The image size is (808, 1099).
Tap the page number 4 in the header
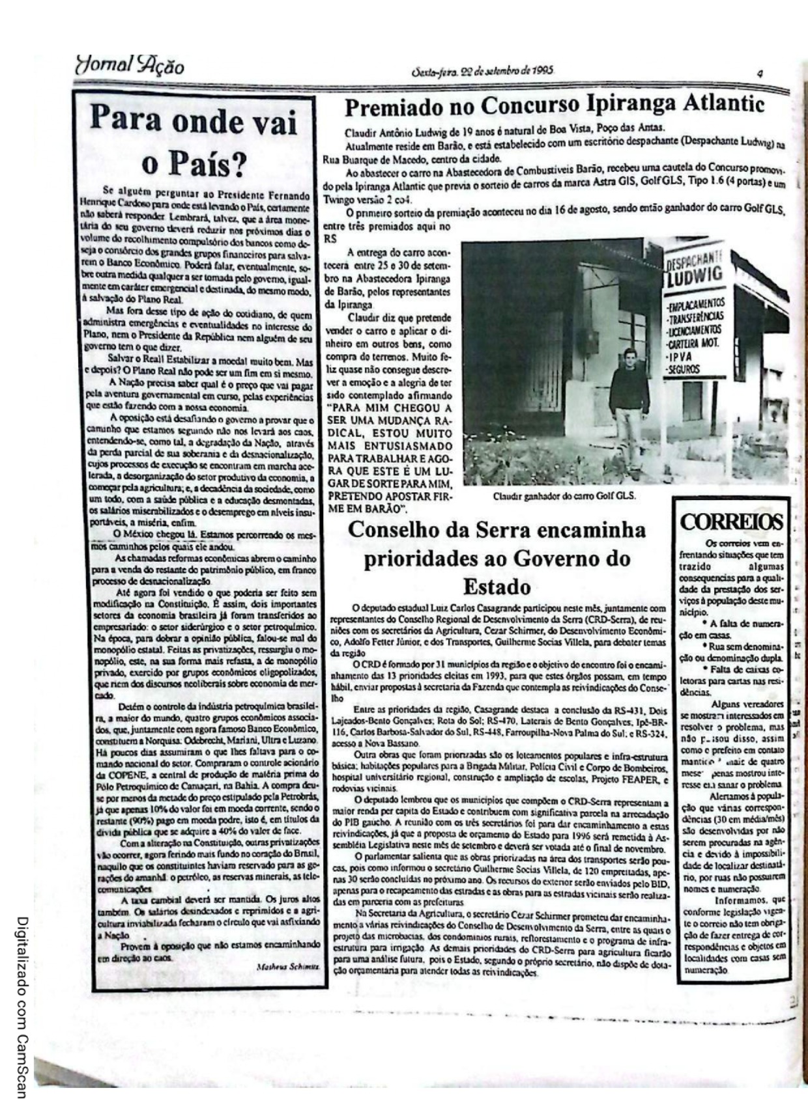[760, 74]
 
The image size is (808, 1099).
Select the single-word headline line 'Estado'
[497, 587]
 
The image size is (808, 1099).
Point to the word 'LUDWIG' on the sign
[695, 275]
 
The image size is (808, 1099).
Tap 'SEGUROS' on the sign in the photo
[684, 370]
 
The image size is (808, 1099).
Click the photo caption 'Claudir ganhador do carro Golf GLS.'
[564, 495]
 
